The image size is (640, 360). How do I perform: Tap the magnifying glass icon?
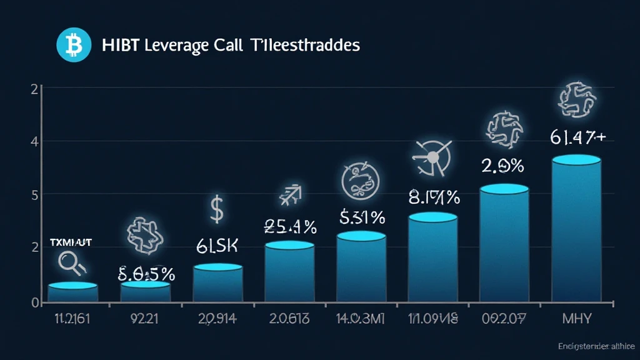[x=69, y=262]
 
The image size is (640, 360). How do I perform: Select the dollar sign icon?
[x=216, y=211]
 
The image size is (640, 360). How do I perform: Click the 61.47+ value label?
[x=577, y=137]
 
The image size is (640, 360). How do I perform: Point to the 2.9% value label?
[x=503, y=166]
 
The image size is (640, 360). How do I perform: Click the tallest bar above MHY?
[x=576, y=231]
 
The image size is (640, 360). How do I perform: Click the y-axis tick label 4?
[x=35, y=142]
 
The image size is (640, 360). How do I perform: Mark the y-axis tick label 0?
[x=35, y=302]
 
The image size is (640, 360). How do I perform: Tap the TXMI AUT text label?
[x=70, y=242]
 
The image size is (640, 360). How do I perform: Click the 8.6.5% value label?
[x=146, y=273]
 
